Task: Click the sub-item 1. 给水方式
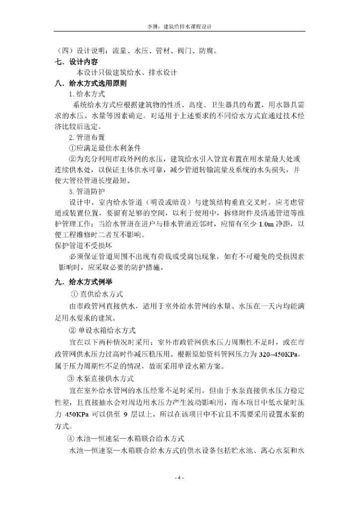pos(87,94)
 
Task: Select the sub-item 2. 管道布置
pos(87,137)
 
